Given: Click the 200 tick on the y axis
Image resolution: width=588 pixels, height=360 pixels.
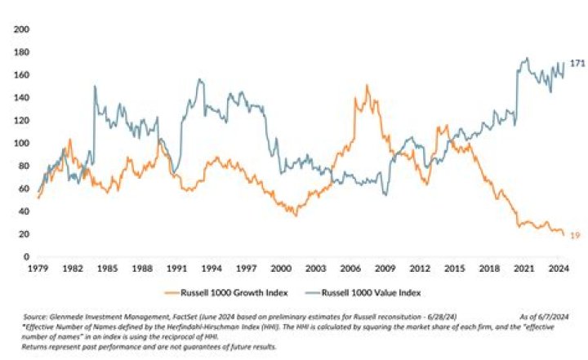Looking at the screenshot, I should (22, 29).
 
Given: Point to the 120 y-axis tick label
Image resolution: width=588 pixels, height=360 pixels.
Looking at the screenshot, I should (22, 120).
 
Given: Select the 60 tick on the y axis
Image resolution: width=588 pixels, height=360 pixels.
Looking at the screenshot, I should (24, 189).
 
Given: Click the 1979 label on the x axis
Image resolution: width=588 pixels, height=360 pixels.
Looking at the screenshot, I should (38, 268).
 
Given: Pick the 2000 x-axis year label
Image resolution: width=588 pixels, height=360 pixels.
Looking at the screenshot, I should (282, 268).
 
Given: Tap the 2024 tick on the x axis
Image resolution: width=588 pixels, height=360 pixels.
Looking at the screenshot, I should (559, 268).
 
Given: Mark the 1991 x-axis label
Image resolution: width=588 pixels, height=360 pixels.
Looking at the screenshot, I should (176, 268).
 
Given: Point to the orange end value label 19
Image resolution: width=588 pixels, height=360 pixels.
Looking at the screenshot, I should (575, 235).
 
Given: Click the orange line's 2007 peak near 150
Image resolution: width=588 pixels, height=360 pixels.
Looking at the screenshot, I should (367, 85).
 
